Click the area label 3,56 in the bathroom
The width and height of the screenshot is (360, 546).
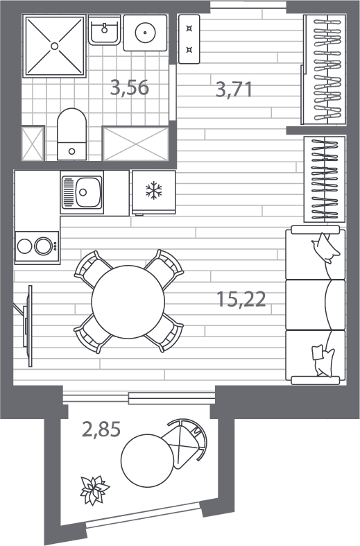pyautogui.click(x=130, y=87)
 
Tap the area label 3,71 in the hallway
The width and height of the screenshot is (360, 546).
pyautogui.click(x=234, y=89)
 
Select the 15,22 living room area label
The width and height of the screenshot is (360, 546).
pyautogui.click(x=241, y=299)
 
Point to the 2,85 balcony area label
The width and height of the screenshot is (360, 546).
pyautogui.click(x=101, y=429)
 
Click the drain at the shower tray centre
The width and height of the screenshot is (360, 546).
pyautogui.click(x=54, y=45)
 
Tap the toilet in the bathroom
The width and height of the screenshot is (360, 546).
pyautogui.click(x=71, y=134)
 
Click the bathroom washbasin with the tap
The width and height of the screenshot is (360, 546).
pyautogui.click(x=105, y=30)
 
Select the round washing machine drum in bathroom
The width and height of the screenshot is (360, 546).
pyautogui.click(x=145, y=33)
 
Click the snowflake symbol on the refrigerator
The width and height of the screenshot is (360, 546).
pyautogui.click(x=153, y=191)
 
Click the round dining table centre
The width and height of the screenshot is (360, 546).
pyautogui.click(x=128, y=302)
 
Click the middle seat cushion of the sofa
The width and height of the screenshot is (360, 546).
pyautogui.click(x=315, y=305)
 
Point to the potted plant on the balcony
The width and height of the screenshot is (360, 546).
pyautogui.click(x=94, y=490)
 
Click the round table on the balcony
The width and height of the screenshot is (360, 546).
pyautogui.click(x=147, y=460)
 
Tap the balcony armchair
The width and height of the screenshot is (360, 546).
pyautogui.click(x=187, y=443)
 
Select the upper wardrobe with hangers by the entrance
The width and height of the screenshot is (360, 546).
pyautogui.click(x=325, y=69)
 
